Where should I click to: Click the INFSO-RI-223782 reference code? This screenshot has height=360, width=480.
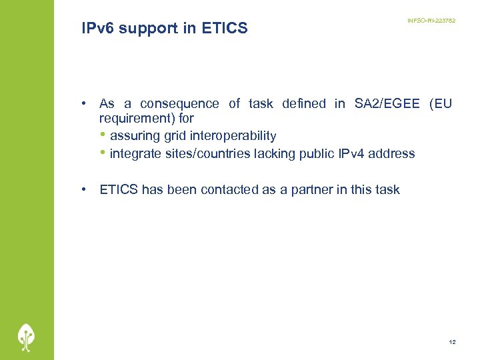coord(431,21)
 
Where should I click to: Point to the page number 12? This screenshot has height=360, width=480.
coord(453,342)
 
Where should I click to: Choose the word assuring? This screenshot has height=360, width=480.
coord(135,136)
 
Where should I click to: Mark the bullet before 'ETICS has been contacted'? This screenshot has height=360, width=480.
coord(85,189)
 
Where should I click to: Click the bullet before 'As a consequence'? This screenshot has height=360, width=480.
coord(85,103)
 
